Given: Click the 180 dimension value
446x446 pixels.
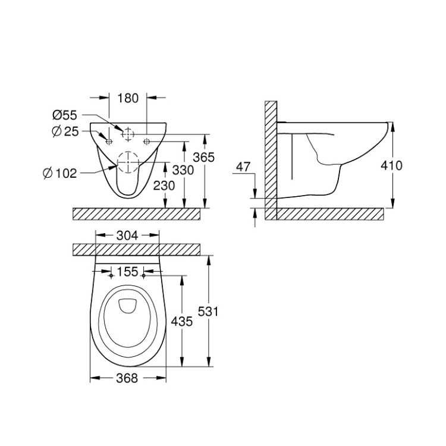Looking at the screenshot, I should click(128, 98).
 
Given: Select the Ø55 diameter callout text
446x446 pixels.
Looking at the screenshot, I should click(65, 114).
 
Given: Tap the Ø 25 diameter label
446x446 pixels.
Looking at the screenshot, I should click(65, 131).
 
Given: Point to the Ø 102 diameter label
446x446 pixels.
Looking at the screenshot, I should click(60, 173).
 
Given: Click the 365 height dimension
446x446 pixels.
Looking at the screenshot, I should click(221, 158).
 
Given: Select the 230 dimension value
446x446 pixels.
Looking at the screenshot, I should click(165, 186).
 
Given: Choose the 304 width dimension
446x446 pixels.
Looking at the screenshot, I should click(127, 235).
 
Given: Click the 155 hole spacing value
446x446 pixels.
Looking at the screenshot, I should click(127, 272).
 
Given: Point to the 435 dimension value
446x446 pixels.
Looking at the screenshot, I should click(181, 322).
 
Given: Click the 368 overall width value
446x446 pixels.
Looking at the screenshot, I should click(127, 378).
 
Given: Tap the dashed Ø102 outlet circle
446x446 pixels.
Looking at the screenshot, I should click(128, 162).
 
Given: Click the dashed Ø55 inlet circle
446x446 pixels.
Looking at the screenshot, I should click(128, 134).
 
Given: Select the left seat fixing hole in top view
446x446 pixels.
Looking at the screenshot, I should click(111, 276).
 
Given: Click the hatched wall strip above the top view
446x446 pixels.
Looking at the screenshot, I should click(137, 249).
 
